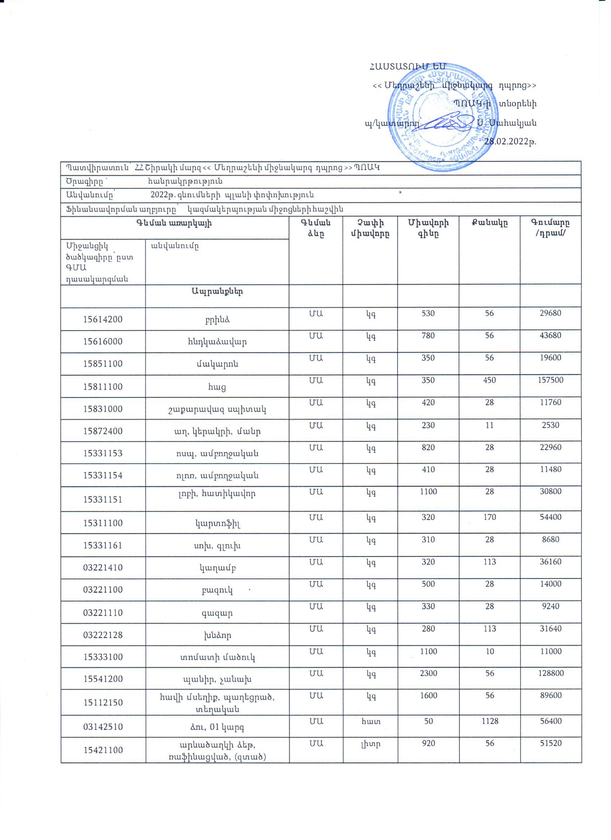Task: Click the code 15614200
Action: point(103,319)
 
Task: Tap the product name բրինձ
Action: point(217,320)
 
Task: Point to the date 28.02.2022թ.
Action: point(511,142)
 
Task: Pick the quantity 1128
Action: point(490,721)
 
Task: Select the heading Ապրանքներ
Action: point(217,291)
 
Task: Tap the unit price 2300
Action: point(428,673)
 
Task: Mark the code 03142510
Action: point(103,727)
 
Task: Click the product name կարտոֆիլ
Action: point(217,523)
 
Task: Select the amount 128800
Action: point(550,673)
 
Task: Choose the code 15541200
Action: point(103,679)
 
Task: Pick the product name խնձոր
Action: point(217,635)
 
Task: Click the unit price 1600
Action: point(428,695)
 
